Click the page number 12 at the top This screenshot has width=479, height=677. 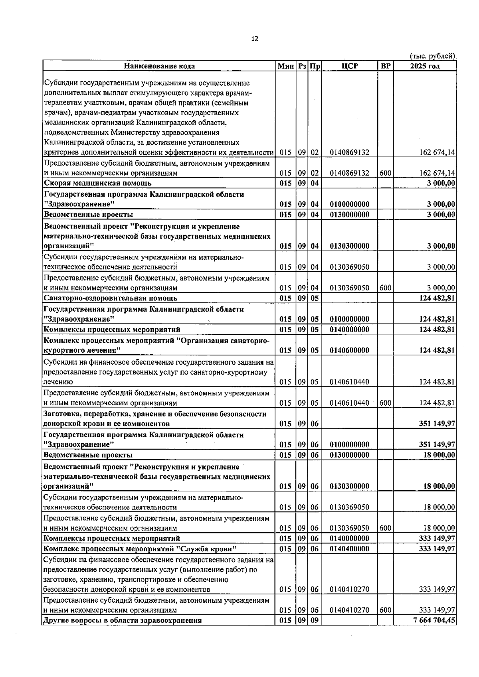[255, 39]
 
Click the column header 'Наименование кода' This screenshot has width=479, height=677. [159, 66]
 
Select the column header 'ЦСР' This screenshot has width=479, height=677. [350, 66]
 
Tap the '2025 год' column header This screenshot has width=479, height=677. [425, 66]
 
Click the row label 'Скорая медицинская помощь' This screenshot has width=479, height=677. [98, 184]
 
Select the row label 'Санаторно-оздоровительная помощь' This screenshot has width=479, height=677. [111, 298]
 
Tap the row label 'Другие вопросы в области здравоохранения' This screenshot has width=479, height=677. [123, 620]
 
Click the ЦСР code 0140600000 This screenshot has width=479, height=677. [350, 351]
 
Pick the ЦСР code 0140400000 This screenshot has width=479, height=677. [350, 549]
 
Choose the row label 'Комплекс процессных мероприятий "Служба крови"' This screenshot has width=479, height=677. [141, 549]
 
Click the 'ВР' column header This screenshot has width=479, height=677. [385, 66]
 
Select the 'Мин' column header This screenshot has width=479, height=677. [285, 66]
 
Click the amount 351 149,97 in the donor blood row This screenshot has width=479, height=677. [437, 424]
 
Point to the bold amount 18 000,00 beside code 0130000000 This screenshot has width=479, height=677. [439, 455]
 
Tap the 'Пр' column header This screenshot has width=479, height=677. [315, 66]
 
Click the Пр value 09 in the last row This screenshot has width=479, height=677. [315, 620]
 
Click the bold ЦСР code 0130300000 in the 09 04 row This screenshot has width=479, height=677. [350, 246]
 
